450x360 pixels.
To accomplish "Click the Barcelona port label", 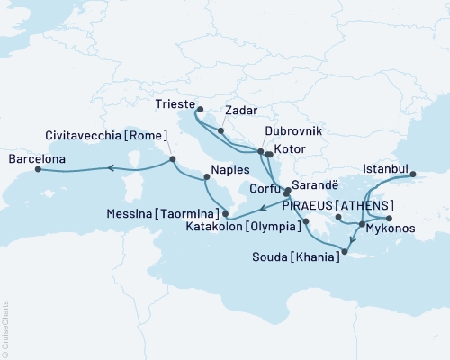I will click(37, 159).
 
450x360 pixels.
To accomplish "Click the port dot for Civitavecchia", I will click(171, 160).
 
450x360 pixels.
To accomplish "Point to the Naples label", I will click(229, 167).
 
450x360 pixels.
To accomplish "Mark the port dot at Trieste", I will click(199, 112).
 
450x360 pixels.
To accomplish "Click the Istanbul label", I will click(386, 168).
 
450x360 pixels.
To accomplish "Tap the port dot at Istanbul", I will click(413, 175).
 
